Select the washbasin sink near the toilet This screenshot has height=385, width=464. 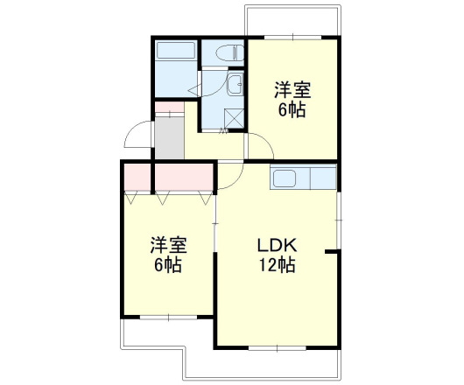pos(235,85)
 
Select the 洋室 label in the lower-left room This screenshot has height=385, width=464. pos(166,244)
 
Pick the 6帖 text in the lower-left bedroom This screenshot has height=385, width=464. pos(166,264)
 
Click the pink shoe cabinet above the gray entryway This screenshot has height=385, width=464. pos(169,108)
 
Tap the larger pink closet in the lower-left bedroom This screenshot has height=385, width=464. pos(184,178)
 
